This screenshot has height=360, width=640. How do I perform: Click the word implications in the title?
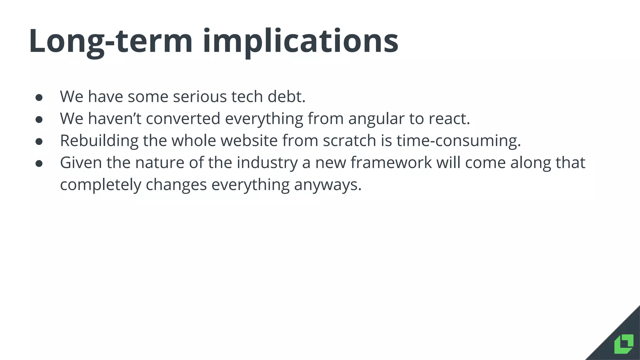click(x=300, y=41)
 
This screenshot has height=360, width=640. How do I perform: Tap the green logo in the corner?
click(x=624, y=344)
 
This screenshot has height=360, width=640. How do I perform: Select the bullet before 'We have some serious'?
click(x=39, y=97)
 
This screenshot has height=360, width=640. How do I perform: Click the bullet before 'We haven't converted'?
click(x=39, y=119)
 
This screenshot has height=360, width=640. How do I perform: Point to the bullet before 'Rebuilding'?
click(x=39, y=142)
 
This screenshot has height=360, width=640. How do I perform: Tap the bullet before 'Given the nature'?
click(x=39, y=163)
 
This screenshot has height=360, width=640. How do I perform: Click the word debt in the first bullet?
click(x=286, y=96)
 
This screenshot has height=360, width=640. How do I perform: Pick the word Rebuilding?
click(x=99, y=141)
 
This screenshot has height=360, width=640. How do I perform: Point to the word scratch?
click(x=349, y=141)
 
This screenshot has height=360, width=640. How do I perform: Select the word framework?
click(x=391, y=162)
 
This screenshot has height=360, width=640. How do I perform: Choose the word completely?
click(x=101, y=185)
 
